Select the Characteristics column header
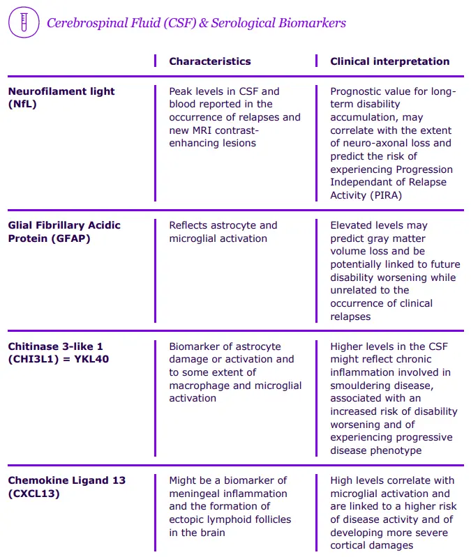click(x=209, y=61)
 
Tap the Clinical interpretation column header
click(x=389, y=61)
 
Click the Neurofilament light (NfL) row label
click(x=61, y=98)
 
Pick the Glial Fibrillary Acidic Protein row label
click(x=64, y=231)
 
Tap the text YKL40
click(x=91, y=359)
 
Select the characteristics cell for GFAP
click(x=223, y=231)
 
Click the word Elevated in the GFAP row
click(x=353, y=225)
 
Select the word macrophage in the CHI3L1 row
click(x=200, y=386)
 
